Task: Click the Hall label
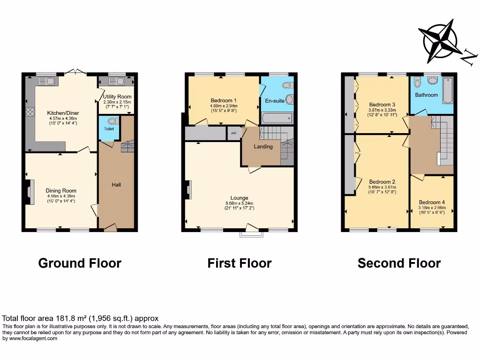click(116, 185)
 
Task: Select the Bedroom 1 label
click(223, 100)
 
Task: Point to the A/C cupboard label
click(233, 133)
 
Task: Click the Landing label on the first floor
click(263, 147)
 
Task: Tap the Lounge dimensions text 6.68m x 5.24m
click(239, 203)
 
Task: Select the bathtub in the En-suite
click(277, 118)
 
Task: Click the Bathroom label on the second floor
click(426, 95)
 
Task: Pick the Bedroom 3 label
click(382, 105)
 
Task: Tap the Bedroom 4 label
click(432, 202)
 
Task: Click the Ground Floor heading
click(80, 263)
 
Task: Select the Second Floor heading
click(399, 263)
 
